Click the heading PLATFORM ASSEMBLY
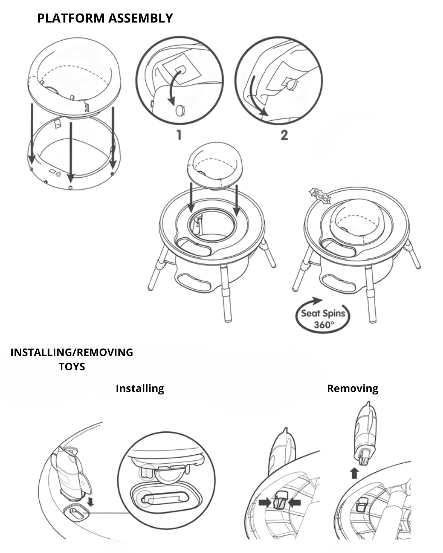pos(105,18)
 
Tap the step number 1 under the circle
pos(179,135)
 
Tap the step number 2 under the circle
pos(284,135)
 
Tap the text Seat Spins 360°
pos(323,319)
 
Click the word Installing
pos(140,388)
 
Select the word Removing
pos(352,388)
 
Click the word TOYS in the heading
pos(72,367)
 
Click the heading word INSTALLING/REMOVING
pos(72,352)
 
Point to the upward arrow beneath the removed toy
pos(354,473)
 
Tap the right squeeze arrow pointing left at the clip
pos(295,502)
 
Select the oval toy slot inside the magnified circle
pos(166,498)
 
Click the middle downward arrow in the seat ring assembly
pos(71,152)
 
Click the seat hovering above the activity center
pos(214,164)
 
